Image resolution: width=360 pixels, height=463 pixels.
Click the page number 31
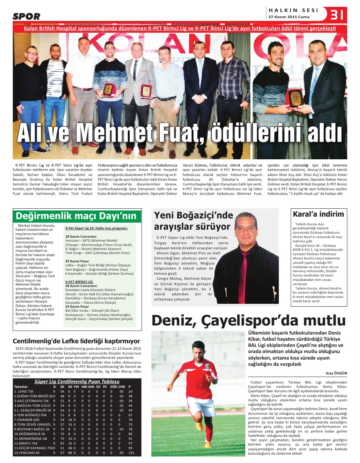[x=337, y=15]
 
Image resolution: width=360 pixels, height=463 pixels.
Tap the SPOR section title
[x=26, y=16]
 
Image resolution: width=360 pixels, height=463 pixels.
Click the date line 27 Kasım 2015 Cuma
[x=289, y=17]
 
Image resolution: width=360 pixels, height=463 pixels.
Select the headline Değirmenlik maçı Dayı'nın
[x=76, y=216]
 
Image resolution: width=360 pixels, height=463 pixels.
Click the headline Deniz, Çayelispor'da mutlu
[x=249, y=320]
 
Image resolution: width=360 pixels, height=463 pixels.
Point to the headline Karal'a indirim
[x=318, y=214]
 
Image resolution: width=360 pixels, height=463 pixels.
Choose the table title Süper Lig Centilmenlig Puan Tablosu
[x=77, y=381]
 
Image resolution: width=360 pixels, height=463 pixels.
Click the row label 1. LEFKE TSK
[x=24, y=392]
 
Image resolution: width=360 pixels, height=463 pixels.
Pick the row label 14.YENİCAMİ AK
[x=27, y=453]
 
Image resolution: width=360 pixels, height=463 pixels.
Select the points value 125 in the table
[x=131, y=453]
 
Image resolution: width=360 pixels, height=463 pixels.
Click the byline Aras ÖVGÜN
[x=336, y=373]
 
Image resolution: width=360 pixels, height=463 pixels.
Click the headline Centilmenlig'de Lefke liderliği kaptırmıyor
[x=76, y=341]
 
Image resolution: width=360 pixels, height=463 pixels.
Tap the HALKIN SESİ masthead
[x=293, y=10]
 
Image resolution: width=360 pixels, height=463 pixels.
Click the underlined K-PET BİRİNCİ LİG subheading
[x=79, y=282]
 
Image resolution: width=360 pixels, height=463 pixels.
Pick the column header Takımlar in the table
[x=21, y=387]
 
